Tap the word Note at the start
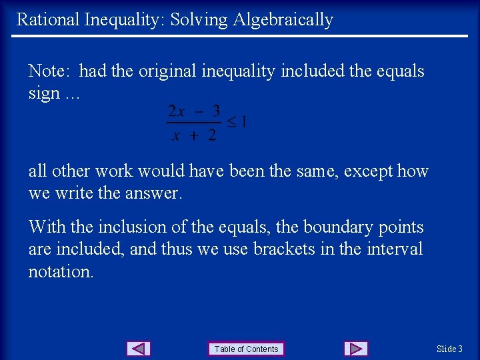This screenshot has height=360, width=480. pyautogui.click(x=48, y=71)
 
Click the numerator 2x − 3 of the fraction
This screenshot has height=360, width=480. pyautogui.click(x=194, y=110)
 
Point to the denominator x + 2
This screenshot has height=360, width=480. pyautogui.click(x=194, y=135)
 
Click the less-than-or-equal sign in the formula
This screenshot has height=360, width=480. pyautogui.click(x=231, y=122)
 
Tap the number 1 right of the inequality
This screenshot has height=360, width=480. pyautogui.click(x=244, y=122)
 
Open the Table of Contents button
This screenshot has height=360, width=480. pyautogui.click(x=246, y=349)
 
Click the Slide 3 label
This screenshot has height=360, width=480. pyautogui.click(x=449, y=349)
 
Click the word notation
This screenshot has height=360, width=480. pyautogui.click(x=61, y=271)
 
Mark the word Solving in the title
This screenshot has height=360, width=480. pyautogui.click(x=199, y=19)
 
